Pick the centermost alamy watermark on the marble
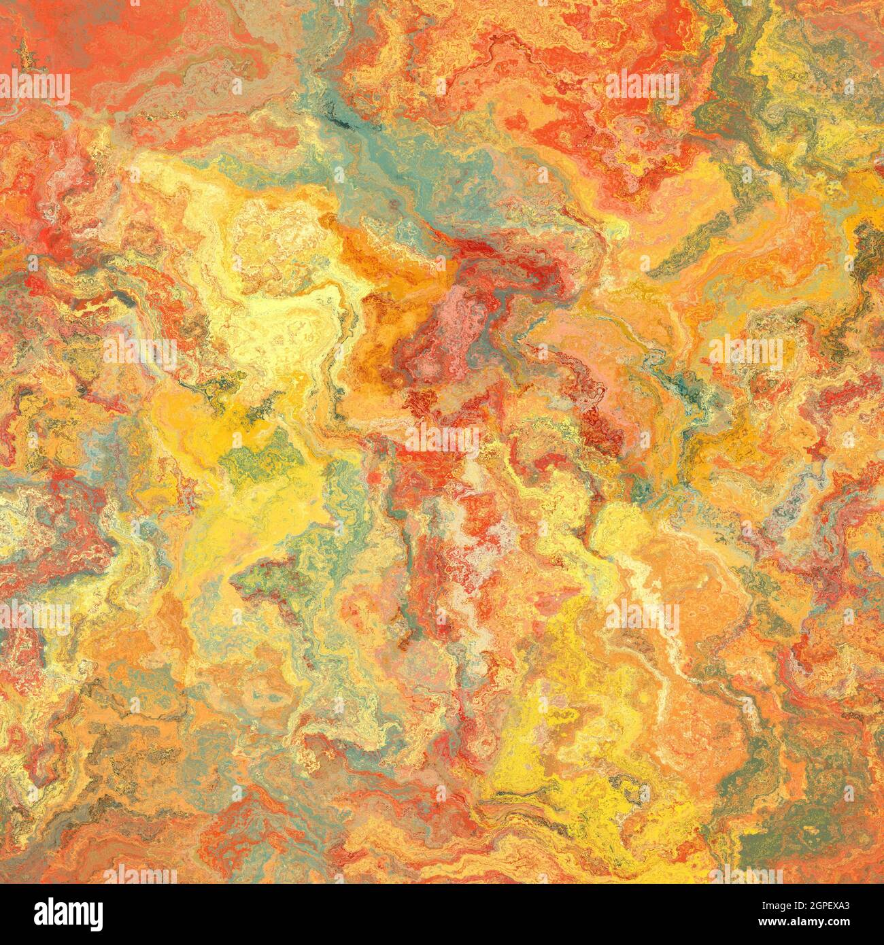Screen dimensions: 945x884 tap(442, 441)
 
